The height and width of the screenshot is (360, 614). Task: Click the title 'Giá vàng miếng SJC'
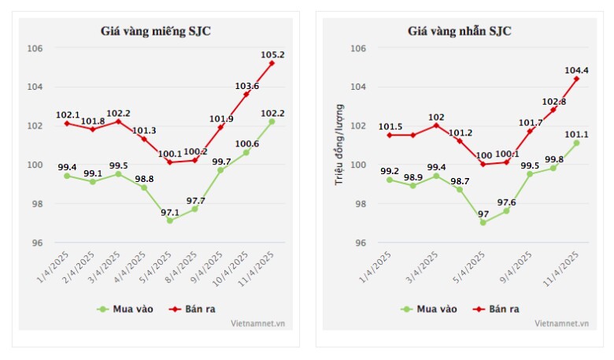(155, 32)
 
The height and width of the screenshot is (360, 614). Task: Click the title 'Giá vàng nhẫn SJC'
(459, 32)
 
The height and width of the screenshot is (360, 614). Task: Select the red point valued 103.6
(246, 94)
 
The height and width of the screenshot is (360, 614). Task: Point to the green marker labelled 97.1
(169, 221)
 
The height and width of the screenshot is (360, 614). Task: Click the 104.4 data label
(576, 70)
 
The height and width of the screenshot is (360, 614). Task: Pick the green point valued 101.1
(576, 143)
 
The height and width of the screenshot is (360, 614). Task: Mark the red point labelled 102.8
(553, 109)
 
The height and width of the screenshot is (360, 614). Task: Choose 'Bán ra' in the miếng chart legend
(198, 309)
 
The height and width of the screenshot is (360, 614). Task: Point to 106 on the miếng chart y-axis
(36, 48)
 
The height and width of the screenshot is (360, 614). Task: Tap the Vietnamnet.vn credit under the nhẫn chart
(562, 323)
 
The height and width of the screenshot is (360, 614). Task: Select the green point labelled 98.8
(144, 187)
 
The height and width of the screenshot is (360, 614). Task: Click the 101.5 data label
(390, 126)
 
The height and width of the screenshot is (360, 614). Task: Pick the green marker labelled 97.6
(506, 211)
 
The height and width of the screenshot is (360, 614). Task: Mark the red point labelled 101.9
(220, 127)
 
